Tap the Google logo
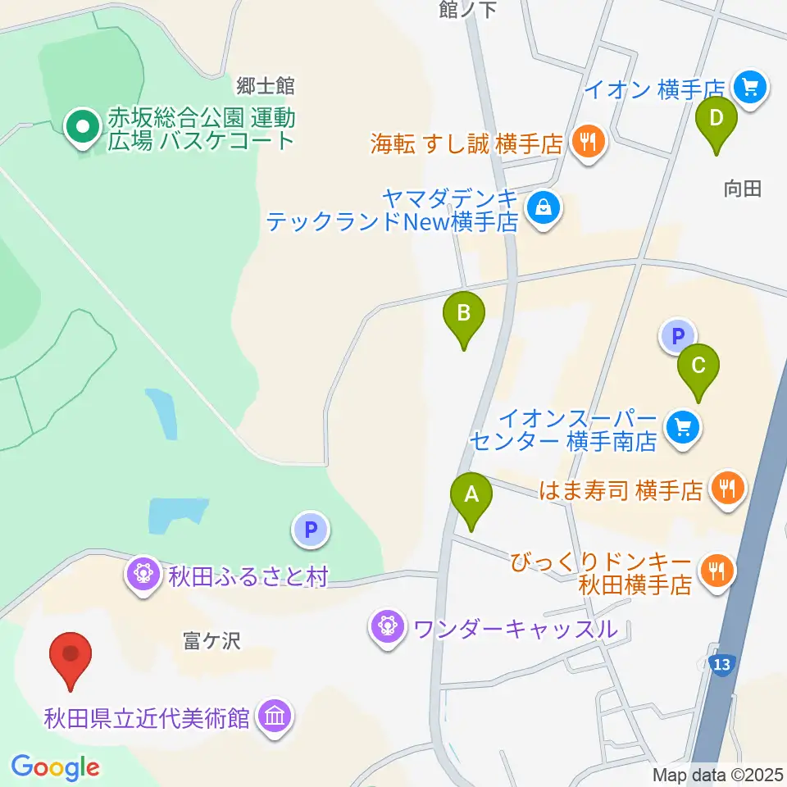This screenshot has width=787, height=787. (x=55, y=768)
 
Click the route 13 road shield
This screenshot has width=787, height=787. (x=721, y=663)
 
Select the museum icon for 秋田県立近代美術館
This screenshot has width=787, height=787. (x=273, y=717)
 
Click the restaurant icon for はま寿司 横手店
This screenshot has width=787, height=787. (x=726, y=489)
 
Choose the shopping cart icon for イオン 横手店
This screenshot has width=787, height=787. (x=749, y=86)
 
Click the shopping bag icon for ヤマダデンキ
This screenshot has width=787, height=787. (x=543, y=207)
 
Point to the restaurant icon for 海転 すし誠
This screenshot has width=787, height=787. (x=588, y=143)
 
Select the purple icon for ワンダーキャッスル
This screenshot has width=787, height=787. (x=386, y=629)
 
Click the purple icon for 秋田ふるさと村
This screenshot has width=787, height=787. (x=144, y=572)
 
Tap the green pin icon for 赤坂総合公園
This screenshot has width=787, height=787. (x=83, y=127)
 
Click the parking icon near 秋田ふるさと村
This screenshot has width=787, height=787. (x=311, y=530)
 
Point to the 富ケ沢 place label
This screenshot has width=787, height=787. (x=212, y=641)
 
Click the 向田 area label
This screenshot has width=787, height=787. (x=743, y=189)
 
